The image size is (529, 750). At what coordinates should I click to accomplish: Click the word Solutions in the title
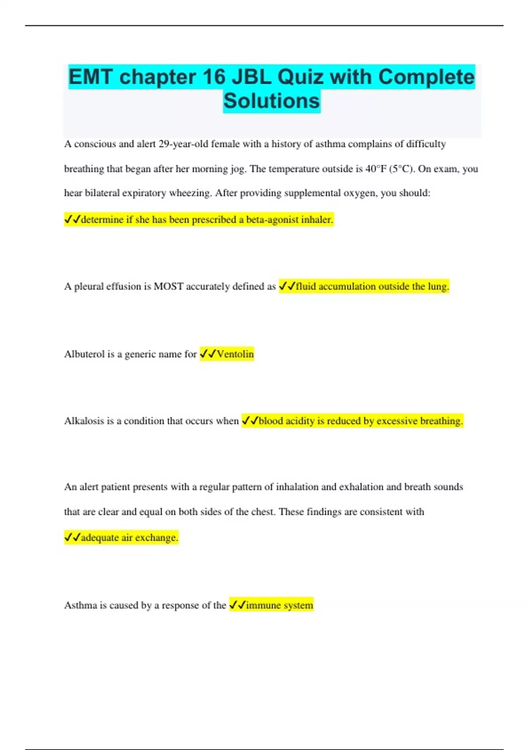click(x=272, y=101)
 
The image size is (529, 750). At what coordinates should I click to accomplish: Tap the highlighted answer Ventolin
click(x=235, y=354)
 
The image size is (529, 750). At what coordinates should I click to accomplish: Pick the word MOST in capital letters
click(x=168, y=286)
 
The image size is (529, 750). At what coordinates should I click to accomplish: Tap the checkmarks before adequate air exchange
click(x=72, y=537)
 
